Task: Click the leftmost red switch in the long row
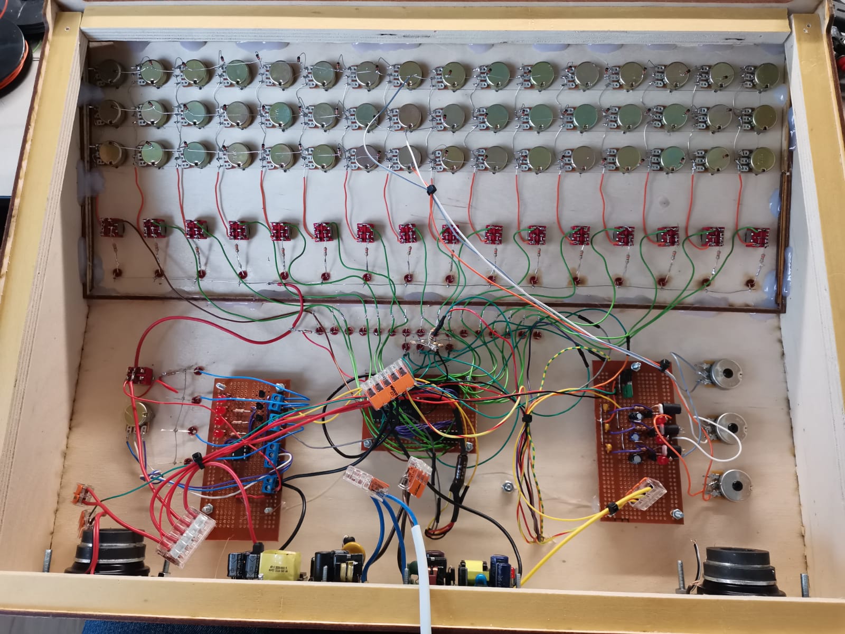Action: pyautogui.click(x=110, y=228)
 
